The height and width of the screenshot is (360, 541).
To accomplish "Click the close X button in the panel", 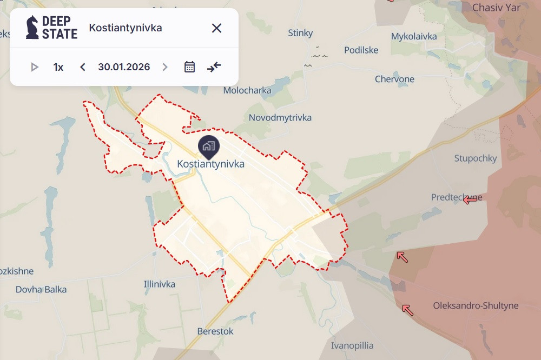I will click(216, 28).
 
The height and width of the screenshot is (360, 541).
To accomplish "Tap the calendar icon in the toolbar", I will click(189, 67).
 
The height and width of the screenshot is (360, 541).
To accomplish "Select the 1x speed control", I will click(58, 67).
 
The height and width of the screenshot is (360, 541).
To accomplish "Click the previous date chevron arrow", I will click(83, 67).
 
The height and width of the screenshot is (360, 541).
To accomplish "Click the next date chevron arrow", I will click(165, 67).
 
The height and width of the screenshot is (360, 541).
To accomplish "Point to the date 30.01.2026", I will click(124, 67).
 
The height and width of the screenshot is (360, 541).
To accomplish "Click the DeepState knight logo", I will click(32, 28).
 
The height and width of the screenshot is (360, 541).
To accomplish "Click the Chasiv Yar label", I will click(496, 8).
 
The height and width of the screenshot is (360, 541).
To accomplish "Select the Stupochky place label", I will click(476, 158).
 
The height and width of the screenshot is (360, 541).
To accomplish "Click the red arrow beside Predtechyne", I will click(470, 199).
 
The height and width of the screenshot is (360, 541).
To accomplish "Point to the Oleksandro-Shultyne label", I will click(476, 305).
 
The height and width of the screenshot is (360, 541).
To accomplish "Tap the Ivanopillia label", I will click(352, 345).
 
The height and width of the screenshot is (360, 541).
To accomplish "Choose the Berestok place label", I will click(215, 331).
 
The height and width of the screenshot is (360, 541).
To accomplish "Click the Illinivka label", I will click(160, 284).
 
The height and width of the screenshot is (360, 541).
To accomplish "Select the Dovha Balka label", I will click(41, 289).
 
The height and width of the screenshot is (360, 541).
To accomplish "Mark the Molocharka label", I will click(247, 90).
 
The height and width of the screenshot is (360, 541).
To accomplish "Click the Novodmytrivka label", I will click(280, 117).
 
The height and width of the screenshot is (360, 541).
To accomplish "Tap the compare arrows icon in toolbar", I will click(214, 67).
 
